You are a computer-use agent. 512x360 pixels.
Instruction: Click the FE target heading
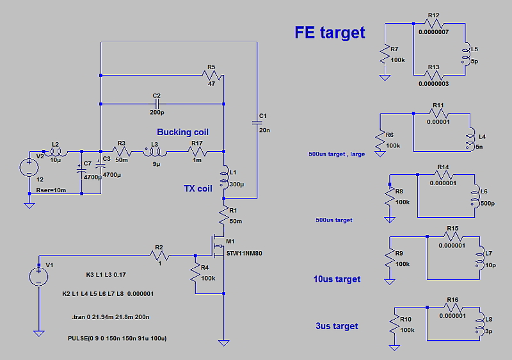tap(330, 33)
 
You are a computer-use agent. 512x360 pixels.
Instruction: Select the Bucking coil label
tap(182, 132)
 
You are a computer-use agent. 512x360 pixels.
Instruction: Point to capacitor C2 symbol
tap(156, 103)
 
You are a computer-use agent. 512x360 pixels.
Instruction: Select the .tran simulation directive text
tap(112, 316)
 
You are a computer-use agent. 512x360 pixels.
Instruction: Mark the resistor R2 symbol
tap(159, 256)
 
